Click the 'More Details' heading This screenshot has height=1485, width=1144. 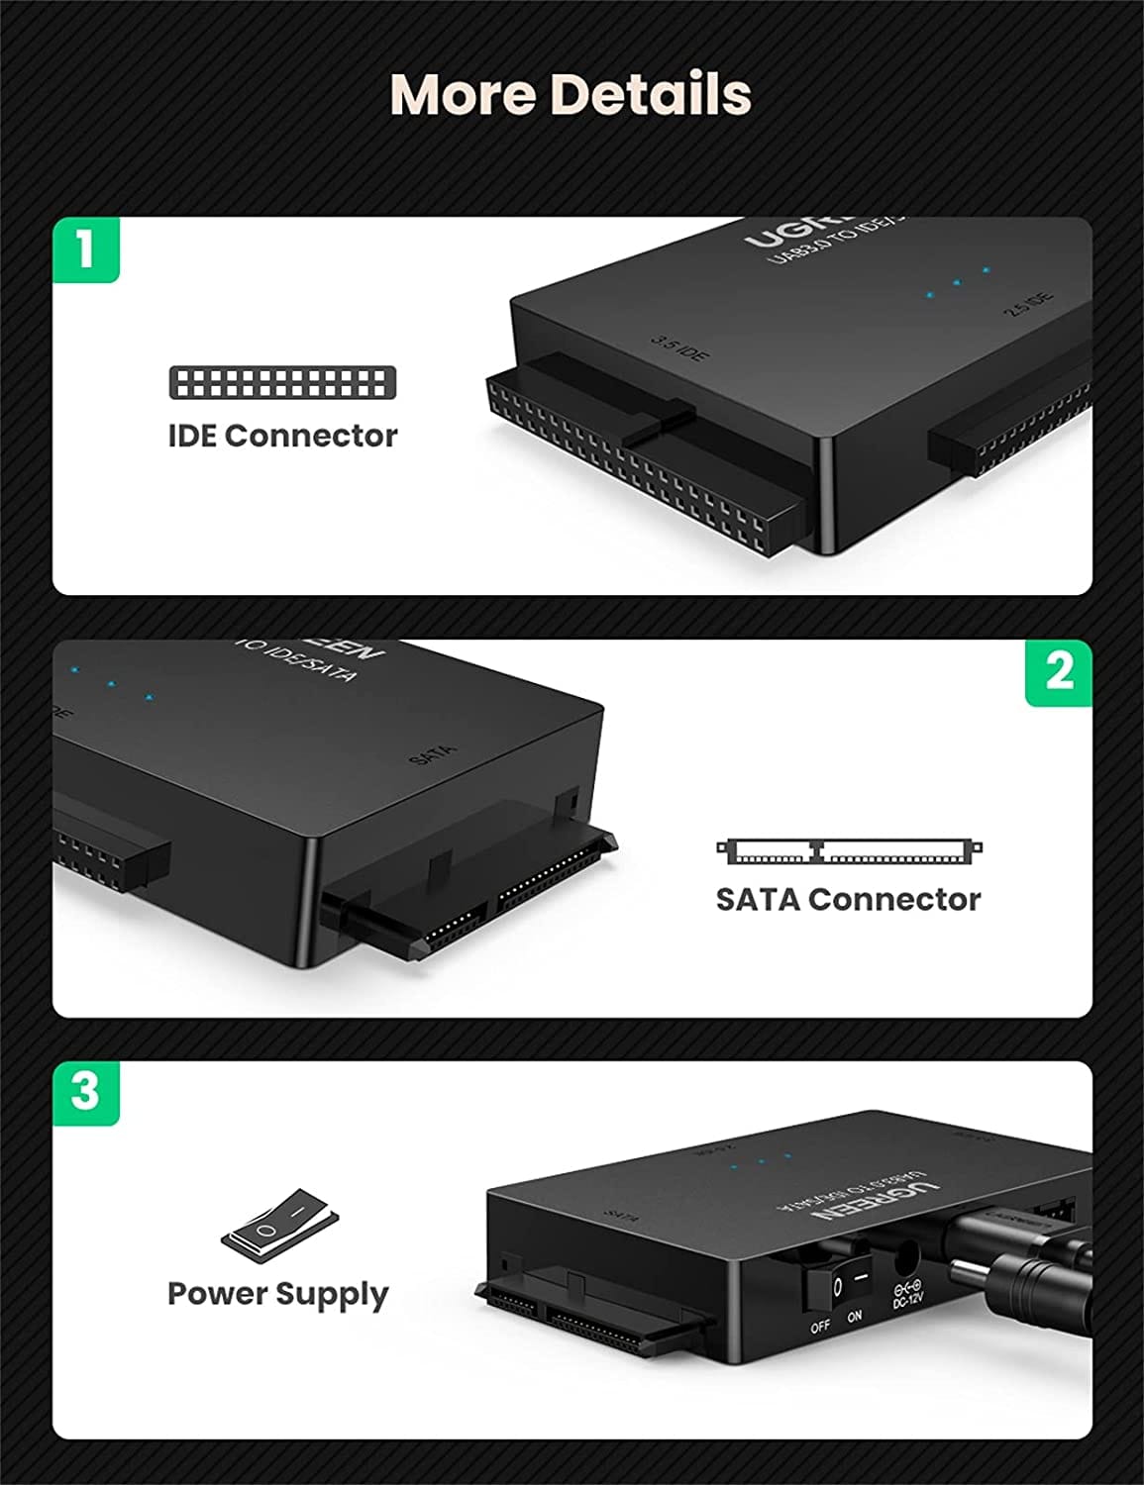(x=572, y=94)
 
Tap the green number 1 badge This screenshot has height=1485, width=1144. (x=85, y=248)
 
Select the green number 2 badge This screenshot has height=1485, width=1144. (x=1058, y=672)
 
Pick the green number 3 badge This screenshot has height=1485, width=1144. (x=85, y=1092)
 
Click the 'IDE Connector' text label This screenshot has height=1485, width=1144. (x=282, y=436)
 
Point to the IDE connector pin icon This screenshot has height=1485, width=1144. (x=282, y=382)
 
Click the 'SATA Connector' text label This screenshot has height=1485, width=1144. (x=848, y=899)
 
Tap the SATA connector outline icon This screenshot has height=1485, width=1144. (x=849, y=850)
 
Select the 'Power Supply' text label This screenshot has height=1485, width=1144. (x=278, y=1294)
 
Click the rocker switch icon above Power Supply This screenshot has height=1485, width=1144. (x=279, y=1227)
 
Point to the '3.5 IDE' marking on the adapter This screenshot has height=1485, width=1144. (x=678, y=347)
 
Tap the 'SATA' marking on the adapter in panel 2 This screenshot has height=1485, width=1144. (x=433, y=753)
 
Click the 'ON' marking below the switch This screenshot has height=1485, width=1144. (x=854, y=1317)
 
